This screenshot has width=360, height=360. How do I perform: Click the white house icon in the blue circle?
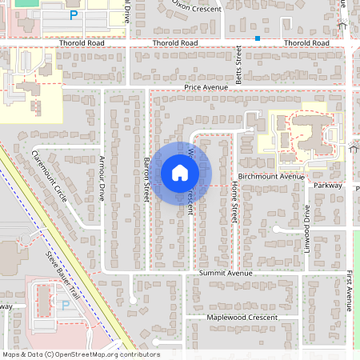pos(179,172)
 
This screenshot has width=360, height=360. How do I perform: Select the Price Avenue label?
pos(206,86)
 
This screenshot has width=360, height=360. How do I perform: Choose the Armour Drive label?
pos(102,177)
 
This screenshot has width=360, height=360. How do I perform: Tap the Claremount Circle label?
pos(50,176)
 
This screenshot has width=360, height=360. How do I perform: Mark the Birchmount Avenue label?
pos(271,176)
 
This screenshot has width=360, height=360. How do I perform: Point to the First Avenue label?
pos(350,289)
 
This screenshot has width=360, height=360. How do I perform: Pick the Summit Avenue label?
pos(226,273)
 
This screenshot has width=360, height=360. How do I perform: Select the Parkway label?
pos(328,186)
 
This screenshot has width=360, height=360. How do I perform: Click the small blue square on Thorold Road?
pos(258,38)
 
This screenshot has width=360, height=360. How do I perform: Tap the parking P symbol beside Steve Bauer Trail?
pos(65,304)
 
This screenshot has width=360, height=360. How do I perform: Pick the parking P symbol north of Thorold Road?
pos(74,15)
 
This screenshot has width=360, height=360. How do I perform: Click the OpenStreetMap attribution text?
pos(81,354)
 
